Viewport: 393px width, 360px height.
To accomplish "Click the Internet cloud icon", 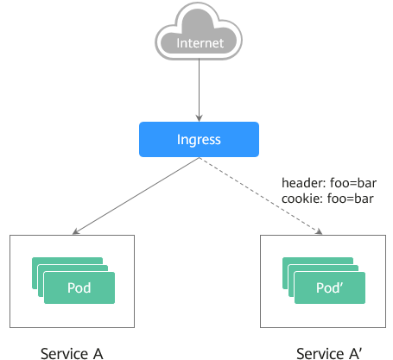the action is pos(199,31).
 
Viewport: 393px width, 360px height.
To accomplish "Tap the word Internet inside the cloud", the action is pos(200,43).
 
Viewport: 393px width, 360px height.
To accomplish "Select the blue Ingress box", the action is pos(199,139).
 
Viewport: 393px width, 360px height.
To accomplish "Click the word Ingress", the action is pos(199,140).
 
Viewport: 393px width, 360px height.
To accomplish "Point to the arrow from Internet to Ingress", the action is pos(199,91).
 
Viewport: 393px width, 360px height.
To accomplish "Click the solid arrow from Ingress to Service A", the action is pos(136,196).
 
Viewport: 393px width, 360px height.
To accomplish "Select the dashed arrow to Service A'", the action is pos(261,196).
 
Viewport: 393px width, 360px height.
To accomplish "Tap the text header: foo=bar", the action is pos(329,183).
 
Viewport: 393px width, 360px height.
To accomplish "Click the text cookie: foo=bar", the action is pos(327,199).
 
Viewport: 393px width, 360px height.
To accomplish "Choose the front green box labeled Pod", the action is pos(79,287).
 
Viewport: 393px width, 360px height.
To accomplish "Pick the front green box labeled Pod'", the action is pos(330,287).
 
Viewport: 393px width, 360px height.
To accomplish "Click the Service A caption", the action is pos(72,354).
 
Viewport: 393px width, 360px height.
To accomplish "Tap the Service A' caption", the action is pos(329,354).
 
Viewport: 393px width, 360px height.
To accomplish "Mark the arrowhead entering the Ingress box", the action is pos(199,118).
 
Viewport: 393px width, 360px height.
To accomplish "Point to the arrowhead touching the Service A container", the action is pos(75,231).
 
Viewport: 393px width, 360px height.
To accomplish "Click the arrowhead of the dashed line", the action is pos(320,231).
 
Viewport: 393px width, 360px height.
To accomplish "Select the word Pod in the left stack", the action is pos(79,287).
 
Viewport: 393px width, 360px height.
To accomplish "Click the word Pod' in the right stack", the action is pos(330,287).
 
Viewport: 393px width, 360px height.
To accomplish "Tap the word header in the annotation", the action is pos(303,183).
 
